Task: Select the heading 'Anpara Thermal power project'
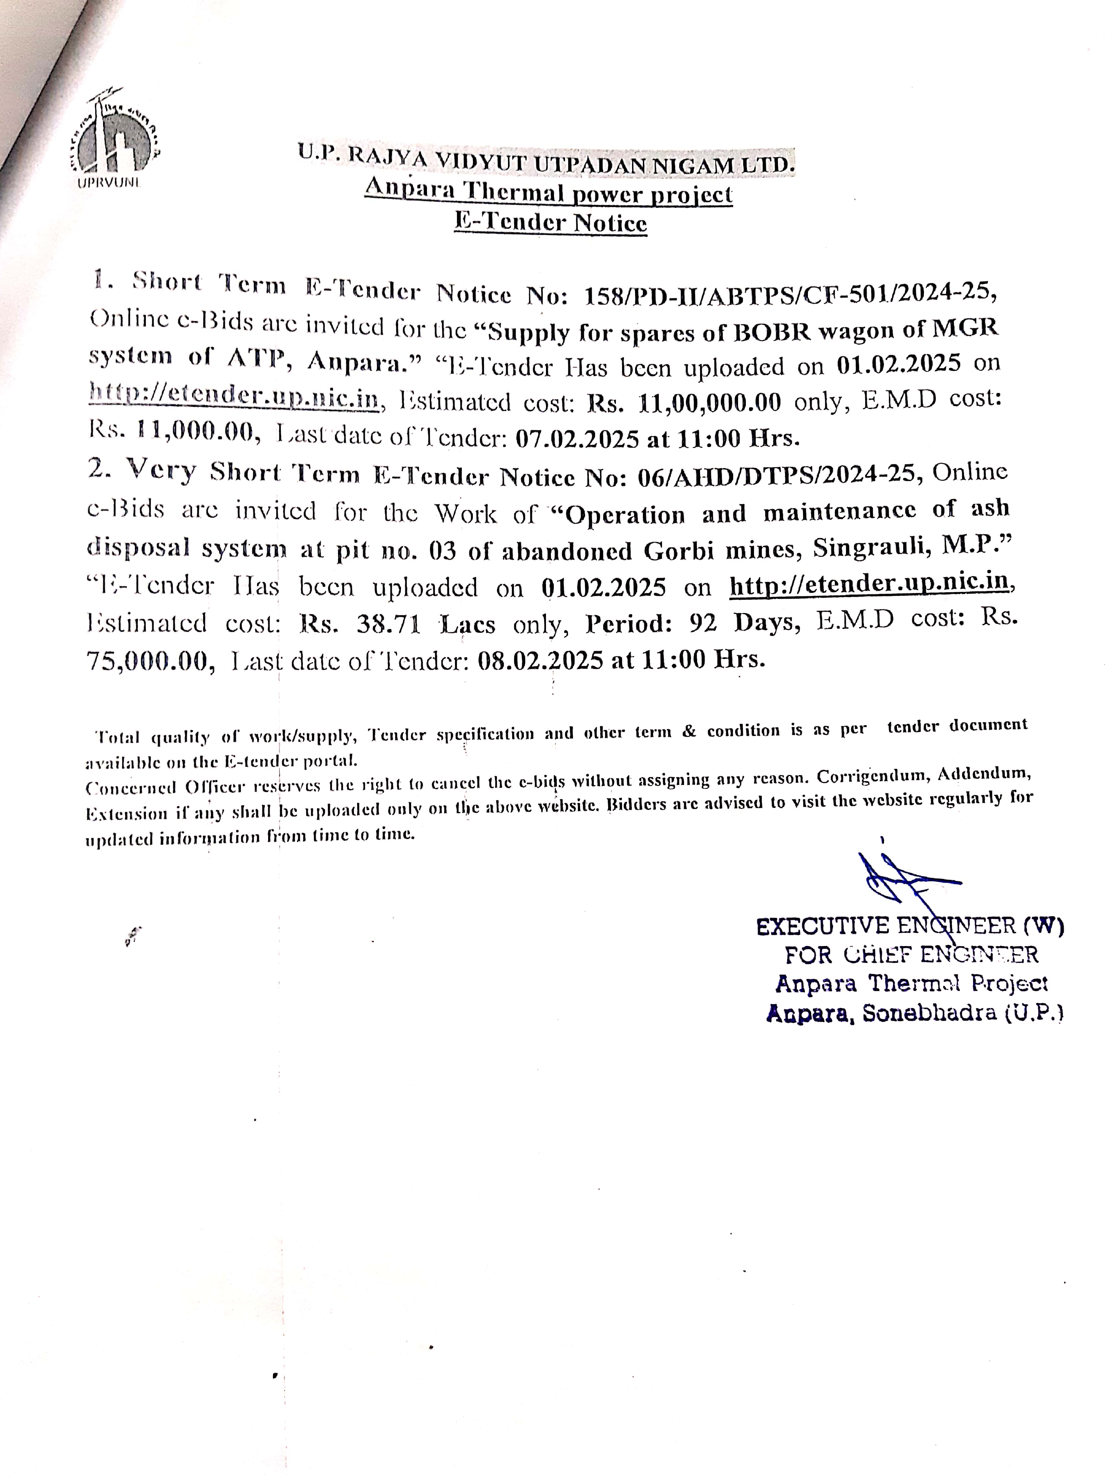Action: [548, 193]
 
